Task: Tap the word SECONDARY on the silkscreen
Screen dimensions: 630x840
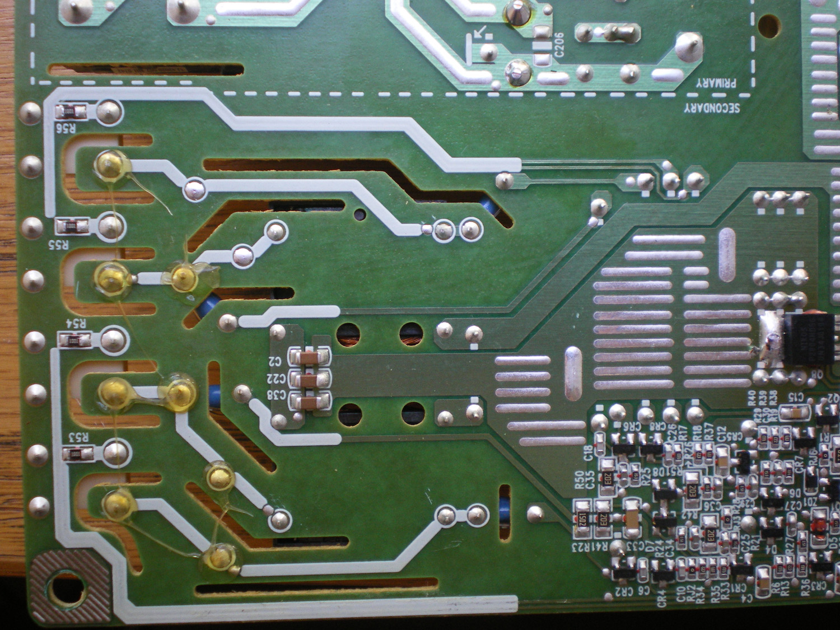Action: [x=711, y=108]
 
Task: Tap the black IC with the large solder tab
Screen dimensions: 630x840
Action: [x=806, y=339]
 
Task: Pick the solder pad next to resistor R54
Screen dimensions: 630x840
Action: [x=114, y=339]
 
